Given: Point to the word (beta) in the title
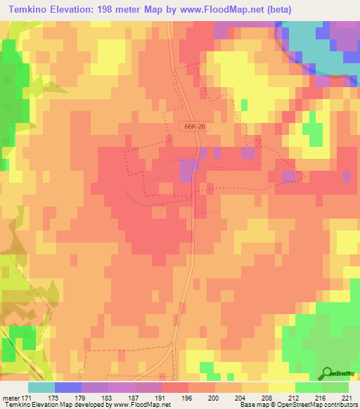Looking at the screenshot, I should click(x=257, y=9).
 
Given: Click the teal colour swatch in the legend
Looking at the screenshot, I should click(x=41, y=387).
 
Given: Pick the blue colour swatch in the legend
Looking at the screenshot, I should click(x=68, y=387).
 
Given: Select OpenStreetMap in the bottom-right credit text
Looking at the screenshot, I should click(x=288, y=405).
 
